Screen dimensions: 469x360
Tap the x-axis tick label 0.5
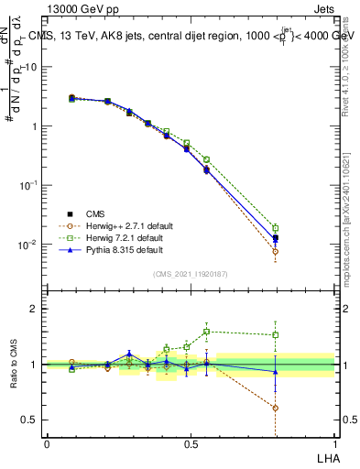pyautogui.click(x=191, y=443)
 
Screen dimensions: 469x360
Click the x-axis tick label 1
pyautogui.click(x=335, y=443)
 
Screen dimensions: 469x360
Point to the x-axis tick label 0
pyautogui.click(x=47, y=443)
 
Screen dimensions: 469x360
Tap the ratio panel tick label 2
pyautogui.click(x=35, y=309)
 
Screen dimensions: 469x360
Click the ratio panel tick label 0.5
pyautogui.click(x=29, y=420)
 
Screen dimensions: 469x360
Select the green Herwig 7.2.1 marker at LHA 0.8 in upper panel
pyautogui.click(x=276, y=228)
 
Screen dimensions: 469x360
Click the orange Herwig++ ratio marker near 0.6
pyautogui.click(x=276, y=408)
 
